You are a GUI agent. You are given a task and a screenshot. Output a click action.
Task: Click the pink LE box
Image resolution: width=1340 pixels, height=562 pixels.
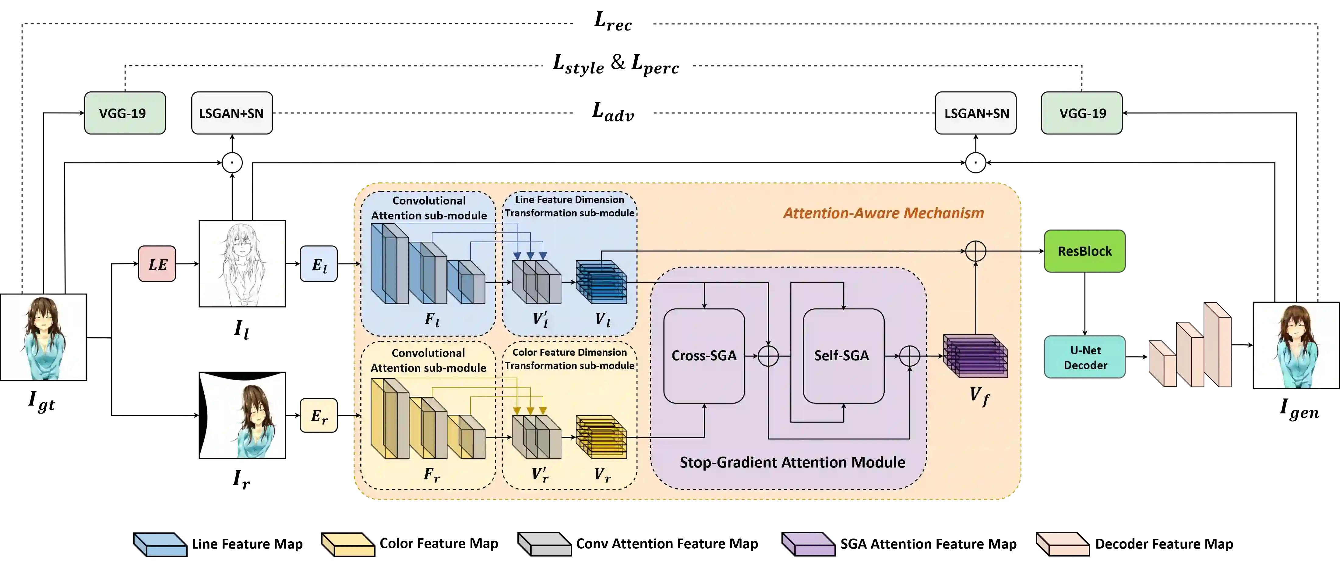[157, 264]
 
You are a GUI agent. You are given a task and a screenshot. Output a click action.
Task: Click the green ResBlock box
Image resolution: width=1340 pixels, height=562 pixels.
[1084, 251]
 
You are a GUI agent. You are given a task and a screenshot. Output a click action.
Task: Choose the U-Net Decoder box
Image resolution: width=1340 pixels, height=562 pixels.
[1085, 357]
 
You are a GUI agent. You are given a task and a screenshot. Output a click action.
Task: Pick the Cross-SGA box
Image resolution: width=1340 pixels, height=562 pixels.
[704, 355]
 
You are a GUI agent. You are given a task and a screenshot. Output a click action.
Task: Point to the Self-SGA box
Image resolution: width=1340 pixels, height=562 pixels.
[843, 355]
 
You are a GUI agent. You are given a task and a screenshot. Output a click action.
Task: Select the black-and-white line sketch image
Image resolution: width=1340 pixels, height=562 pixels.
[242, 263]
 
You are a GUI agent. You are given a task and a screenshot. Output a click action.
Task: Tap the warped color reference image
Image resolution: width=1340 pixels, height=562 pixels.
[242, 415]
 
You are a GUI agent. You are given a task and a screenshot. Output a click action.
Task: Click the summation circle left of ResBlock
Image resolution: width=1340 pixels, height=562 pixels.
[975, 251]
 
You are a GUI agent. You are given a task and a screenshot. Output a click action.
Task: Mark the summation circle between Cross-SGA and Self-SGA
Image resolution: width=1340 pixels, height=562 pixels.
[768, 356]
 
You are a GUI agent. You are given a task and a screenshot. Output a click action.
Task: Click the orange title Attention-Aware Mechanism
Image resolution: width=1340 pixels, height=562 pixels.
[883, 213]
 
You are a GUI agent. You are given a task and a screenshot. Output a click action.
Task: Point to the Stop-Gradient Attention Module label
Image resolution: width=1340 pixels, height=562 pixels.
[792, 462]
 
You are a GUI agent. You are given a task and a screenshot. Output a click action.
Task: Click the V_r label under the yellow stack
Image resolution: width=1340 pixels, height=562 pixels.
[602, 474]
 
